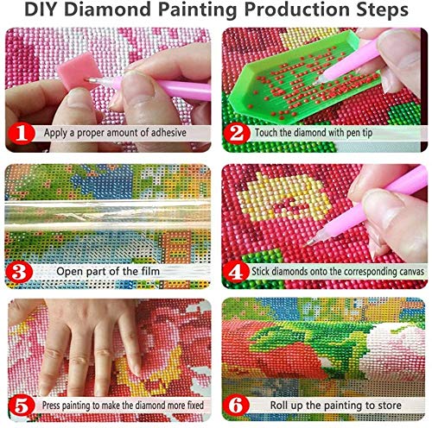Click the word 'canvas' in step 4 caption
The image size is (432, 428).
(403, 271)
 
